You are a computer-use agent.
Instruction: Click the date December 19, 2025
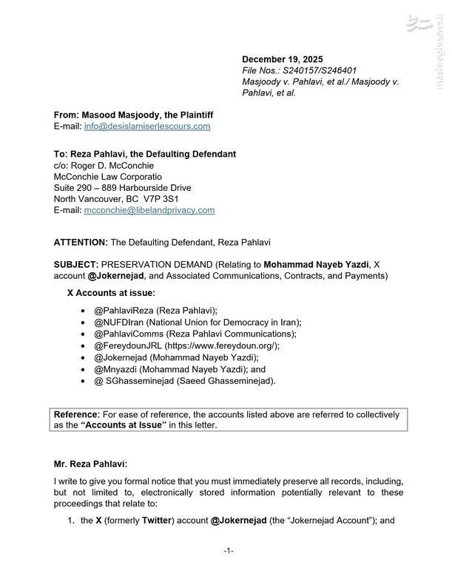click(x=283, y=60)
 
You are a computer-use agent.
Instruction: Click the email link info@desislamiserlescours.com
click(x=147, y=127)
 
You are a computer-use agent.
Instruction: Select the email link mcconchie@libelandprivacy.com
click(x=149, y=210)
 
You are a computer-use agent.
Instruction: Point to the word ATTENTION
click(x=81, y=243)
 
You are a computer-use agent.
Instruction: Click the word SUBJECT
click(x=76, y=265)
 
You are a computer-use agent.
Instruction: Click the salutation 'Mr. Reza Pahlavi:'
click(x=90, y=464)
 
